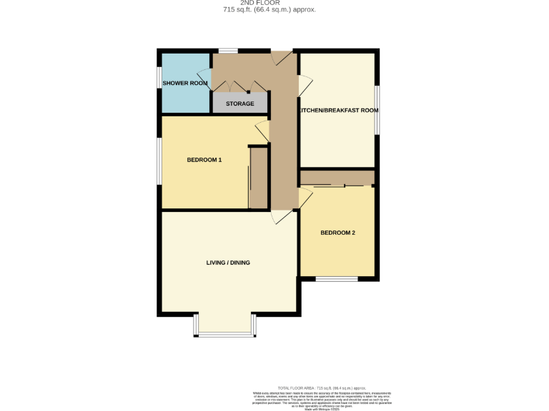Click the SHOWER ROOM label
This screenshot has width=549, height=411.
click(185, 83)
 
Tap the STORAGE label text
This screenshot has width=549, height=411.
click(240, 104)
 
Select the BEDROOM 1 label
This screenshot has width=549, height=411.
click(204, 160)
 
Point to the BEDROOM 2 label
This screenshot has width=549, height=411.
click(337, 233)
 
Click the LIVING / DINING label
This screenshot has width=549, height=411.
click(228, 263)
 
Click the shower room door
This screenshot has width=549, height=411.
click(204, 78)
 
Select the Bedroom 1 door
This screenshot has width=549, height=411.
click(262, 131)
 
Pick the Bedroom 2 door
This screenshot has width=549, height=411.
click(305, 198)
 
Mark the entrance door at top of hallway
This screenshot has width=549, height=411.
click(281, 58)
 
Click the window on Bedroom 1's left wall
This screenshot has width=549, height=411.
click(159, 161)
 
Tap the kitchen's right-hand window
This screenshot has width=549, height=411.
click(377, 110)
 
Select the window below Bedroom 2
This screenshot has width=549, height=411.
click(336, 279)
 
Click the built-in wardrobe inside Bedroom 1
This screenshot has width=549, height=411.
click(258, 178)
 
